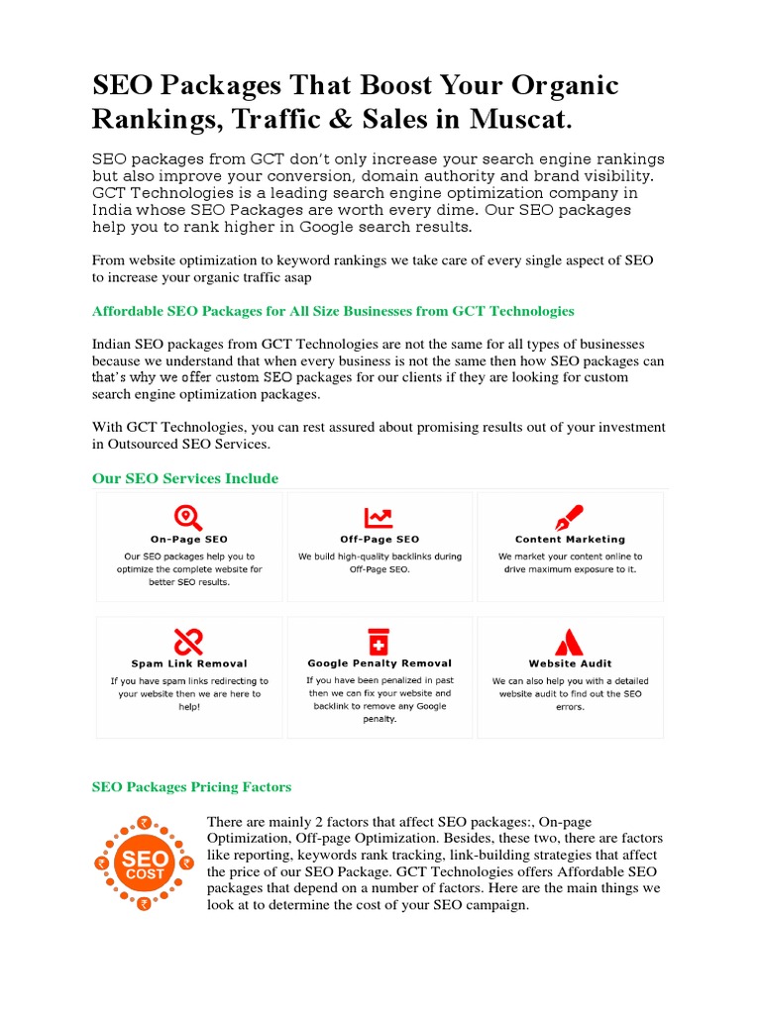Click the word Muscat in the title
522,121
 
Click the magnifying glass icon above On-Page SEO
188,517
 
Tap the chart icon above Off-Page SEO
379,517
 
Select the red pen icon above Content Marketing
570,517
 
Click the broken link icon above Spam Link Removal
188,642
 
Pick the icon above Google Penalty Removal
379,641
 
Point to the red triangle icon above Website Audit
570,642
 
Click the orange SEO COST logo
145,861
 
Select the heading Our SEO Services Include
185,478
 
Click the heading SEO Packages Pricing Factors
191,787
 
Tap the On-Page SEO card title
188,540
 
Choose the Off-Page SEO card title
380,540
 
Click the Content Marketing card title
570,540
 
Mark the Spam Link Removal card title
188,663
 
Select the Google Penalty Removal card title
380,663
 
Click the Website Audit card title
570,663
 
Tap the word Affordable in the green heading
128,311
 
